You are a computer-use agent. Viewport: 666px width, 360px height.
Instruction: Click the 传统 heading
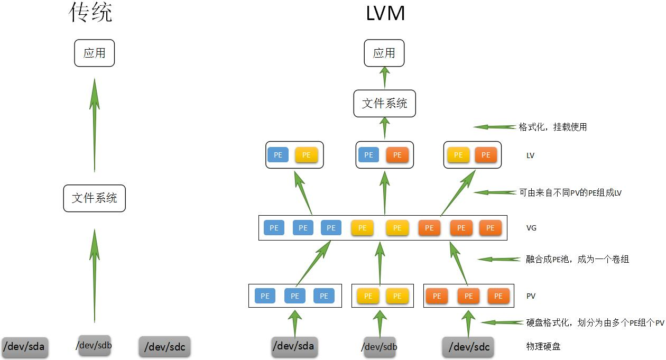pos(91,13)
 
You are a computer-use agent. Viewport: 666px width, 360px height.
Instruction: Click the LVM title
pos(385,13)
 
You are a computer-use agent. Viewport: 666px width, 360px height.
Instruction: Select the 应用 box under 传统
pos(94,53)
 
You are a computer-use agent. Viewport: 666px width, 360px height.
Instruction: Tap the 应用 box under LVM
pos(384,53)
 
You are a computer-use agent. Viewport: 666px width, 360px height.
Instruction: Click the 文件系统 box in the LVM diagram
pos(384,104)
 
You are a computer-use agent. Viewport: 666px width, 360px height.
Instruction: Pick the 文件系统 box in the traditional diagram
pos(94,198)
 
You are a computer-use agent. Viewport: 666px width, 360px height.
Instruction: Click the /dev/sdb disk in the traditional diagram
pos(94,346)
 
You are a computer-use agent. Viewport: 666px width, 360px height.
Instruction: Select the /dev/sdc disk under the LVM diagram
pos(468,347)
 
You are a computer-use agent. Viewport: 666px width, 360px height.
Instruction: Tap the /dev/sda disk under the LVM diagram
pos(293,346)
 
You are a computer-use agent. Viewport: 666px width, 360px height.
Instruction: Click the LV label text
pos(531,155)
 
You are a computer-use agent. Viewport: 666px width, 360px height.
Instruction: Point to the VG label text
pos(531,228)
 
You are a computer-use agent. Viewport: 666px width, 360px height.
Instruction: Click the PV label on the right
pos(531,296)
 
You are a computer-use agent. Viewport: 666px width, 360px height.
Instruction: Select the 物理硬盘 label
pos(543,346)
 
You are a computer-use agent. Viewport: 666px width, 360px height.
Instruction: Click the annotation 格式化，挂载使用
pos(552,127)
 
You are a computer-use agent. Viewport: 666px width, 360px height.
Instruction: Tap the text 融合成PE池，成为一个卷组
pos(577,259)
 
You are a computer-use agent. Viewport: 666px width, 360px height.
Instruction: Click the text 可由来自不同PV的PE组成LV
pos(570,193)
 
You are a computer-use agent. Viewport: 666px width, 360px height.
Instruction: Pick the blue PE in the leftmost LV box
pos(278,155)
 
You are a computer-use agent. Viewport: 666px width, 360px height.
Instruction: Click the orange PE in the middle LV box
pos(397,155)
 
